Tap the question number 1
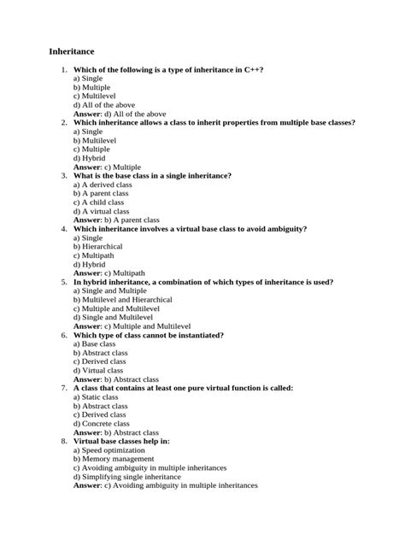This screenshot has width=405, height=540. click(63, 68)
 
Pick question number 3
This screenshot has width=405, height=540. click(63, 175)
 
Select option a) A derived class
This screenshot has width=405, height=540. click(103, 185)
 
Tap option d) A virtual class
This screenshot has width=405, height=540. click(101, 211)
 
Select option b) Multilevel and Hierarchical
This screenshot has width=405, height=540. click(122, 300)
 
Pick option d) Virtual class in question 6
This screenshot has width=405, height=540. click(98, 371)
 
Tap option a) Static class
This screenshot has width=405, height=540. click(95, 397)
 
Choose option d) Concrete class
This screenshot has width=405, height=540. click(101, 424)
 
